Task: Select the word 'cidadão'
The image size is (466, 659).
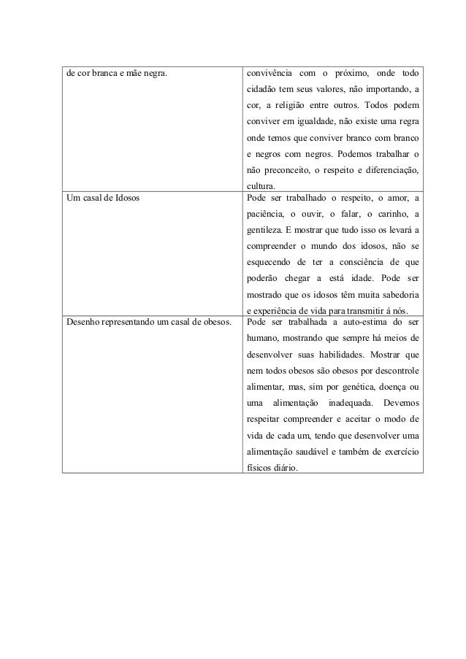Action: coord(262,90)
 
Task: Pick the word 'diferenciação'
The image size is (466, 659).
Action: coord(390,170)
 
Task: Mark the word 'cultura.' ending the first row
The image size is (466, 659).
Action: coord(263,186)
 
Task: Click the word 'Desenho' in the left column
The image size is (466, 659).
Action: coord(83,321)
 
